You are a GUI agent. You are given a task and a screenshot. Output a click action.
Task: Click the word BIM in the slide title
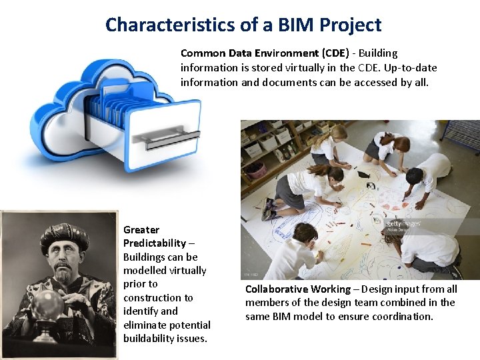(x=292, y=25)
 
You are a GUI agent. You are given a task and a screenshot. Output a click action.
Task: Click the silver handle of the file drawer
(x=171, y=139)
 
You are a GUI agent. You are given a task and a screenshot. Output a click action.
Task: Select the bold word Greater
(x=141, y=229)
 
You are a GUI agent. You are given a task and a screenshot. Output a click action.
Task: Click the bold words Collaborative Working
(x=297, y=289)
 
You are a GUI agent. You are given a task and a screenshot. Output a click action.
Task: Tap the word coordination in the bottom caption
(x=403, y=316)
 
